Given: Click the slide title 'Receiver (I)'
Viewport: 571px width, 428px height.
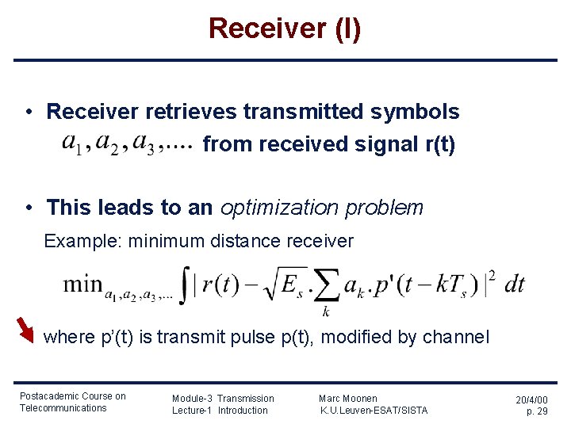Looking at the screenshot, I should click(x=285, y=29).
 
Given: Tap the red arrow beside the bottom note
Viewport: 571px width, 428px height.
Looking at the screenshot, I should click(x=25, y=330).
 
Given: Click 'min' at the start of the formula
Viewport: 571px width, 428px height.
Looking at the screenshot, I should click(x=82, y=284).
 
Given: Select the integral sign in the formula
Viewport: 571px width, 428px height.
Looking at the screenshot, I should click(x=186, y=285).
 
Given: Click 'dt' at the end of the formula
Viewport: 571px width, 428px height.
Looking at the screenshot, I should click(x=514, y=285).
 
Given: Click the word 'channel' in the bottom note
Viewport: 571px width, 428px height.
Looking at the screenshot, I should click(x=456, y=337).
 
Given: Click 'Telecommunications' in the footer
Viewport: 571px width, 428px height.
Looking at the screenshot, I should click(x=63, y=408).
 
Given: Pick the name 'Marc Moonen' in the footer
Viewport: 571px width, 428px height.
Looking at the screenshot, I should click(x=348, y=398).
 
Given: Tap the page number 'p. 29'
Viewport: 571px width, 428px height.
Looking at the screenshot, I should click(x=537, y=411).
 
